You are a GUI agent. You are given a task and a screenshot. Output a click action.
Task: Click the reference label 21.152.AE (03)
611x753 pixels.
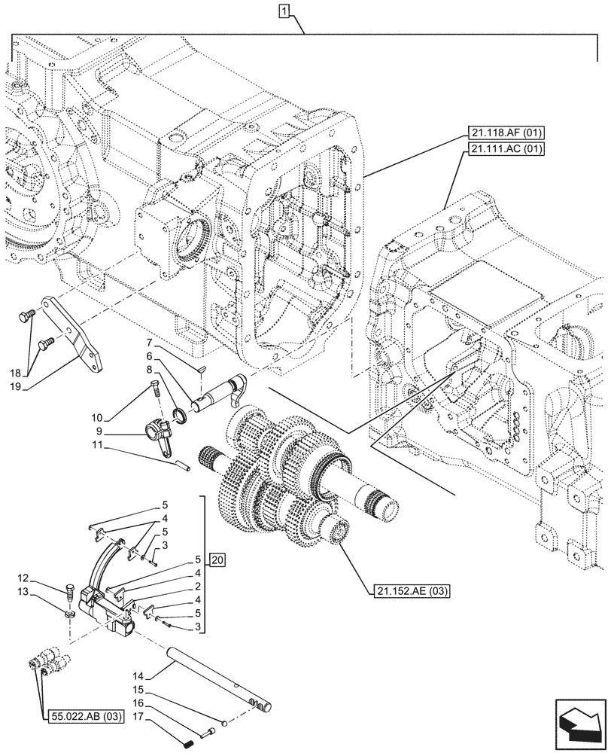pyautogui.click(x=410, y=591)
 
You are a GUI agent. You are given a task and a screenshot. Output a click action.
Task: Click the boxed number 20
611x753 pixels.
pyautogui.click(x=217, y=560)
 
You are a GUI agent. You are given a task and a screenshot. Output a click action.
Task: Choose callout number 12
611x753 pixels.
pyautogui.click(x=44, y=578)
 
